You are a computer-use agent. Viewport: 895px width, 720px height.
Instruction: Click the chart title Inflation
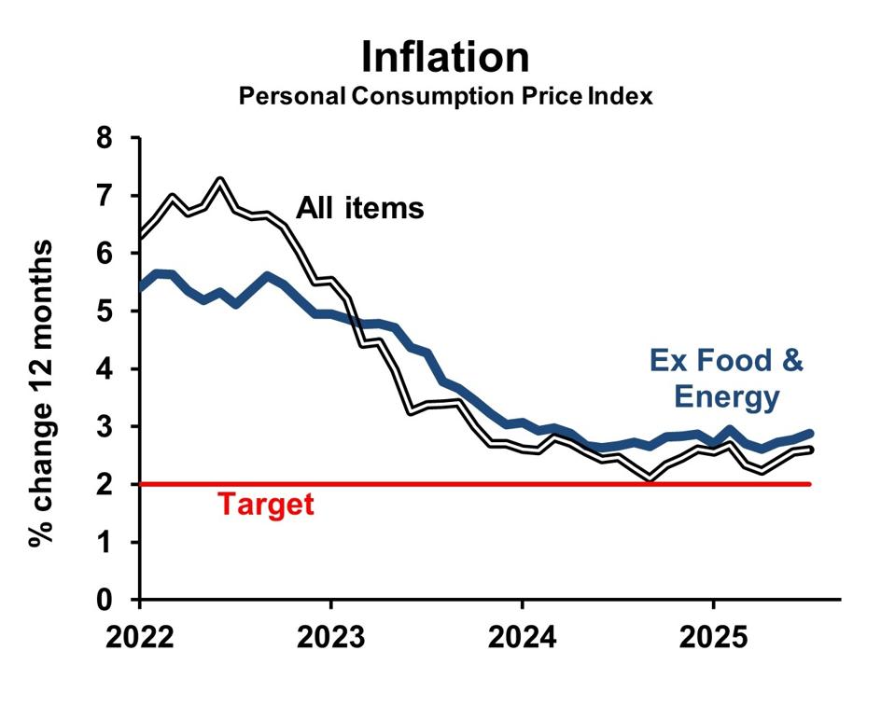click(445, 58)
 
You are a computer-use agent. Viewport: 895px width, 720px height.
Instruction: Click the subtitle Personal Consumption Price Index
click(445, 96)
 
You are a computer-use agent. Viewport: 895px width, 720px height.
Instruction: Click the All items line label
click(360, 208)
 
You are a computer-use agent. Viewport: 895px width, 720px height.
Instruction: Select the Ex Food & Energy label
click(726, 379)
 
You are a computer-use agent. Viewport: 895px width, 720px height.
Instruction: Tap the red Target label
click(266, 505)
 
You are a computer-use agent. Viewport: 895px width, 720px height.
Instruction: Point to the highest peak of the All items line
click(220, 180)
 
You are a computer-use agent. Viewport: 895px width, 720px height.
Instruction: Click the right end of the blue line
click(809, 434)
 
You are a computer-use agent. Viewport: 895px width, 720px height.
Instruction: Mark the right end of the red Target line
click(809, 484)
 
